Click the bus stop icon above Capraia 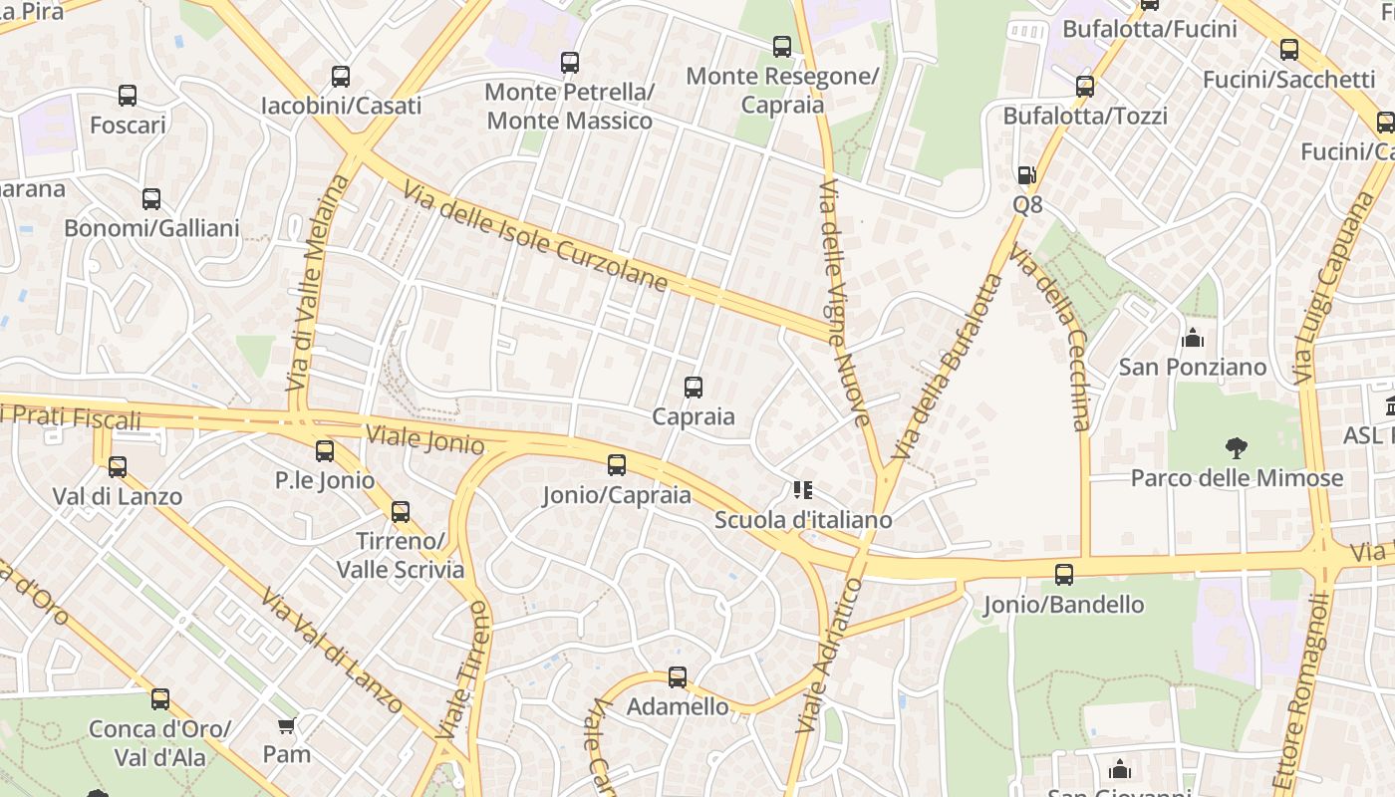(x=694, y=388)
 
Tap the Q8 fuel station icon (x=1026, y=175)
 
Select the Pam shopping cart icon (x=287, y=725)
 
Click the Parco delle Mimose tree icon (x=1237, y=448)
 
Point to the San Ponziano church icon (x=1193, y=338)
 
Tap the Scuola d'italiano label (x=803, y=520)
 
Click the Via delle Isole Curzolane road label (x=535, y=236)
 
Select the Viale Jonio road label (x=424, y=438)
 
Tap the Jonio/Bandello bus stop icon (x=1064, y=575)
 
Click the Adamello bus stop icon (x=678, y=677)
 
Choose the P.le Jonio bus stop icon (x=325, y=451)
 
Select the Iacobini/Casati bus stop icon (x=341, y=77)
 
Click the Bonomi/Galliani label (x=151, y=228)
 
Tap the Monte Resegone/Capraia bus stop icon (x=782, y=47)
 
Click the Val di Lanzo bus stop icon (x=118, y=466)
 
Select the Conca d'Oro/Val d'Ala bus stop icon (x=160, y=699)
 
